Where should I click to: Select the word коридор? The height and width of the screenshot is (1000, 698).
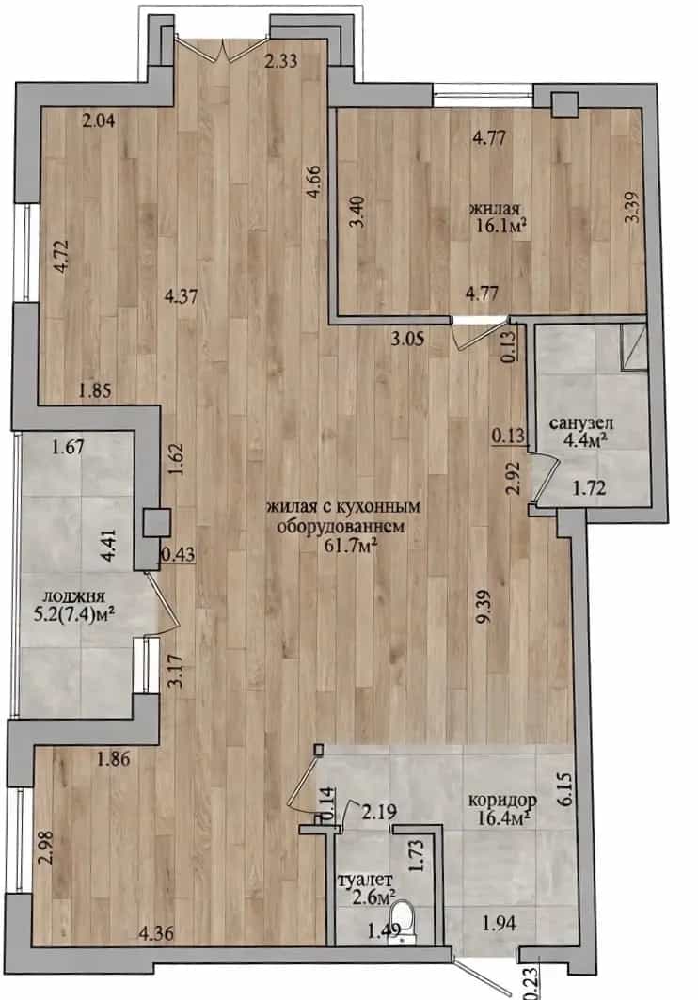(x=502, y=799)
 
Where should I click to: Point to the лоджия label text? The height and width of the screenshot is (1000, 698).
(x=72, y=597)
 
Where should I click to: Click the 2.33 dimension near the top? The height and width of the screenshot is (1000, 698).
(x=281, y=61)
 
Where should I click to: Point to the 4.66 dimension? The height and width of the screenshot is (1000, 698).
(x=312, y=183)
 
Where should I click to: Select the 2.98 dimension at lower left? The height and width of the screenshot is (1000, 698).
(x=44, y=847)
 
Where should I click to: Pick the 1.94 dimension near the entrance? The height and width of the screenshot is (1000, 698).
(x=500, y=923)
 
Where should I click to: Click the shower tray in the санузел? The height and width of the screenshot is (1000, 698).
(x=633, y=346)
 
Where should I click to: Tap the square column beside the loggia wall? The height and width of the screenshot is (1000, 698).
(x=156, y=523)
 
